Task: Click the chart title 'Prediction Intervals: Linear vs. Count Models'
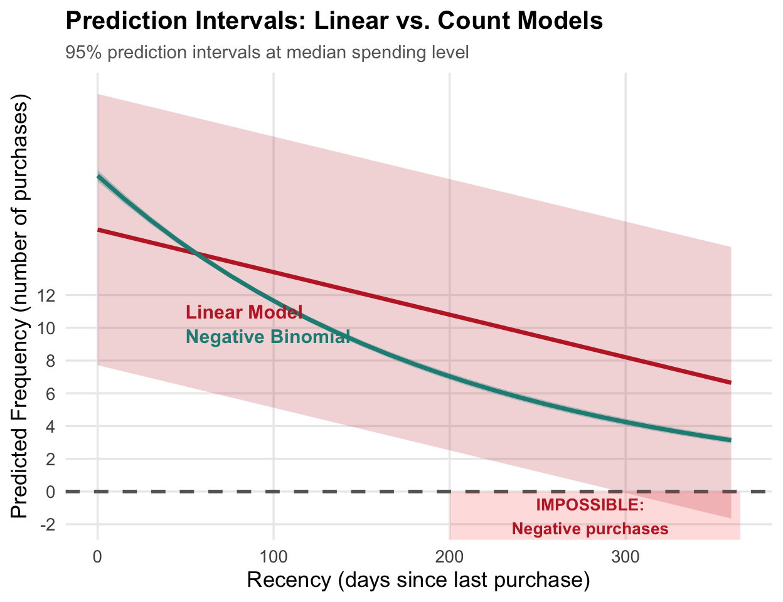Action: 334,21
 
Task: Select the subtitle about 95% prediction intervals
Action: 267,52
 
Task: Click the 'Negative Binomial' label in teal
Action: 268,337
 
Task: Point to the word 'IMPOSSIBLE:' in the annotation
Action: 590,505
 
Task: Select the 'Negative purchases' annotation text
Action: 590,529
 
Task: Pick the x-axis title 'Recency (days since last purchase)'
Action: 418,580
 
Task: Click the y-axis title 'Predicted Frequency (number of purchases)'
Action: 20,307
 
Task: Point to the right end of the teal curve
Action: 730,440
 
